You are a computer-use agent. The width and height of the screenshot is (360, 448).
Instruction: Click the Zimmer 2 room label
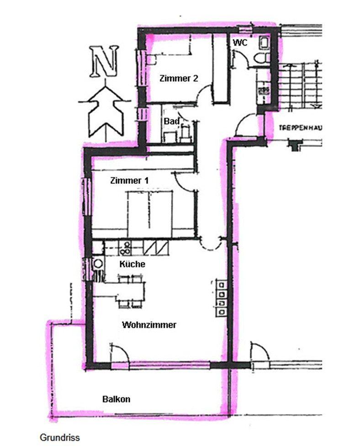click(179, 78)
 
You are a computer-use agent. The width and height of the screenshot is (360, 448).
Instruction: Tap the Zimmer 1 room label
click(129, 181)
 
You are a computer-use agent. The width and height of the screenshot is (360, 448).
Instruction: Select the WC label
click(240, 43)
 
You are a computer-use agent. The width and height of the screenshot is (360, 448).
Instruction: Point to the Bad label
click(171, 121)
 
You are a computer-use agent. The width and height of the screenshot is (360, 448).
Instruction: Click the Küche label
click(132, 264)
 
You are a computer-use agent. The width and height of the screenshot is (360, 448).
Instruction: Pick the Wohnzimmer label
click(149, 325)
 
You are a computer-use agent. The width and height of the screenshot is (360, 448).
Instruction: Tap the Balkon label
click(116, 399)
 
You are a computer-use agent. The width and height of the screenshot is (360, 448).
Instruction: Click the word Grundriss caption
click(60, 437)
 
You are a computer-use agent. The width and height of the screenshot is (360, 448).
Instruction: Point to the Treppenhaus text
click(300, 128)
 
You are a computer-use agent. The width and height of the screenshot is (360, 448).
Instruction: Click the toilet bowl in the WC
click(261, 59)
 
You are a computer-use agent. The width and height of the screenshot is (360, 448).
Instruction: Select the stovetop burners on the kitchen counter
click(125, 248)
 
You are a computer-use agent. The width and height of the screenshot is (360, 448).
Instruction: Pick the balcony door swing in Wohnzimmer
click(120, 353)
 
